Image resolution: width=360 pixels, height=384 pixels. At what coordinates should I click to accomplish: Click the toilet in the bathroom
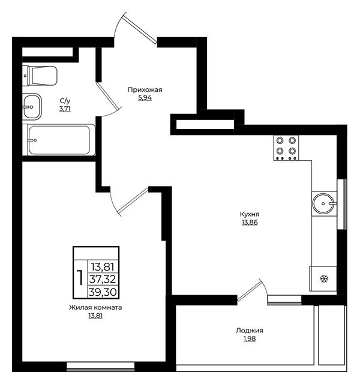pos(40,76)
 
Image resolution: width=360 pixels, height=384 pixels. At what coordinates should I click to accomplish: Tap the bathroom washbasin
pos(32,107)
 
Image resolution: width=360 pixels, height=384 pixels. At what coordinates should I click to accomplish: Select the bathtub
pos(59,140)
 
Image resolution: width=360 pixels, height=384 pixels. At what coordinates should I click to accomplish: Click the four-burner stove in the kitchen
pos(286,148)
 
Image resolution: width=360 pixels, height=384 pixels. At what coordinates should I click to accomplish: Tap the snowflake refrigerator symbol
pos(324,278)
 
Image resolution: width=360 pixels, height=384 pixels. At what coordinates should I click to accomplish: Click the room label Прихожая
pos(145,90)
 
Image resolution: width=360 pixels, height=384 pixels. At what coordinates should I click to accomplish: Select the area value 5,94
pos(145,98)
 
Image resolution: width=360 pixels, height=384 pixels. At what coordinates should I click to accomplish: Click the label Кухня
pos(250,214)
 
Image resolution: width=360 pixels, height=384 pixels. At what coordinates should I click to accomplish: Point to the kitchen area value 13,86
pos(250,223)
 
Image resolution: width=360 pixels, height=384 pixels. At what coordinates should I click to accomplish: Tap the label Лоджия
pos(250,331)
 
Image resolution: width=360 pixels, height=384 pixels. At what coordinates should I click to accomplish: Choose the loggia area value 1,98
pos(250,338)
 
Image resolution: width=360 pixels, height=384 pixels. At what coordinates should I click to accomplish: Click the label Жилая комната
pos(95,308)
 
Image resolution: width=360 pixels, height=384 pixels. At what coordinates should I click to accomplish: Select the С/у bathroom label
pos(65,101)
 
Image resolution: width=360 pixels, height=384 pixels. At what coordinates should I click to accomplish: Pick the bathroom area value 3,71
pos(65,109)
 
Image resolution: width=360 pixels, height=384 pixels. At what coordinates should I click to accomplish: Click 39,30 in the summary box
pos(103,292)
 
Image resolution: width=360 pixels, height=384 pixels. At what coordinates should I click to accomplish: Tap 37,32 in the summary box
pos(103,279)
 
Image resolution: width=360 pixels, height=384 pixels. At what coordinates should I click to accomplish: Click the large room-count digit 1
pos(80,278)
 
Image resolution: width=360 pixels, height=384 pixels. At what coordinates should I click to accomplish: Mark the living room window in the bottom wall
pos(101,367)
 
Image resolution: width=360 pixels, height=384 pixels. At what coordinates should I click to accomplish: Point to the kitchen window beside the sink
pos(342,204)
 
